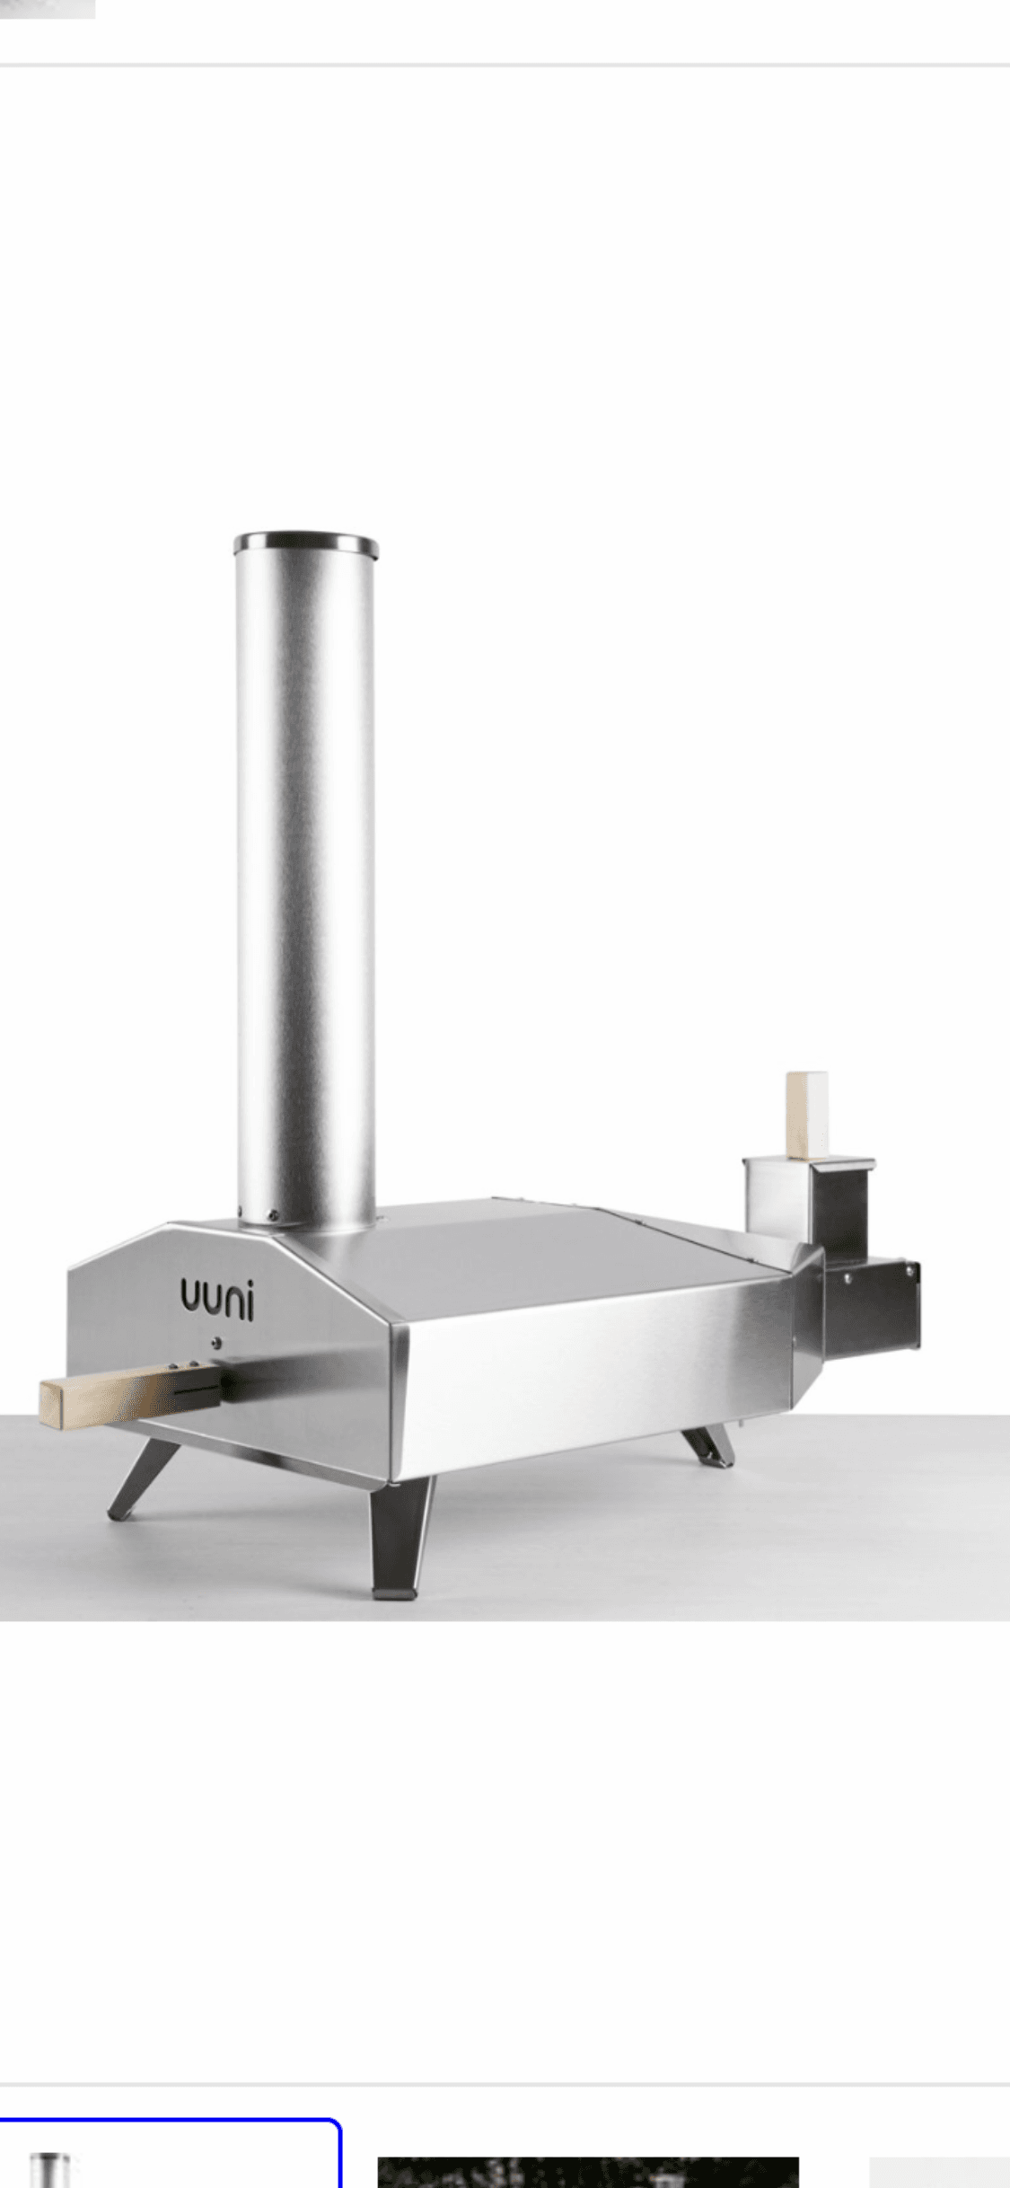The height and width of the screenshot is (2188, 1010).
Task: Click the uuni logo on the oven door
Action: (x=217, y=1301)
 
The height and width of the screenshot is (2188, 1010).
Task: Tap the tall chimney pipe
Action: (x=305, y=880)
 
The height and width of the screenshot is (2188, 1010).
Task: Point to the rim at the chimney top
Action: (x=305, y=543)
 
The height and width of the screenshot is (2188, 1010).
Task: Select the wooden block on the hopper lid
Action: (x=806, y=1115)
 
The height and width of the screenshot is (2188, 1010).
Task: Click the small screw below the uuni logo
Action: (x=214, y=1344)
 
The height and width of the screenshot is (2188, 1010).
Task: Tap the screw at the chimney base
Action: (x=272, y=1216)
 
